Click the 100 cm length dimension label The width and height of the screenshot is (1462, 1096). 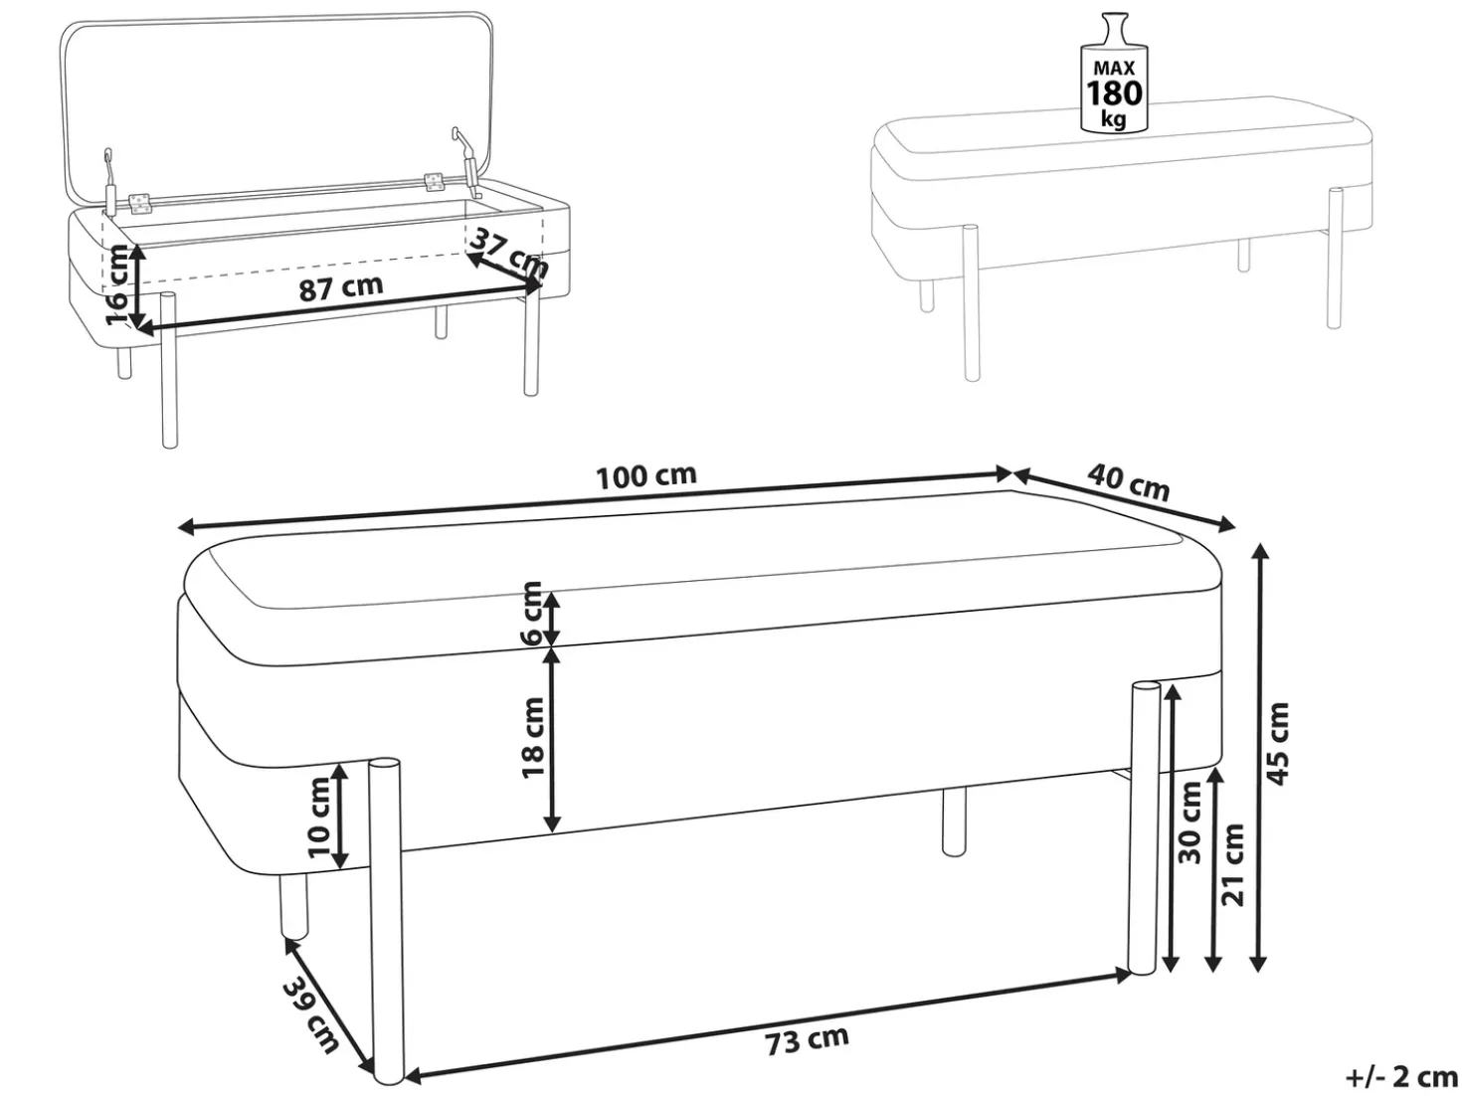[x=646, y=475]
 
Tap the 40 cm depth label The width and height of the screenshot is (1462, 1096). [x=1128, y=482]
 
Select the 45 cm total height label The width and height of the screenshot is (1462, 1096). [x=1277, y=743]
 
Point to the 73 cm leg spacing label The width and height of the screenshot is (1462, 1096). [x=807, y=1042]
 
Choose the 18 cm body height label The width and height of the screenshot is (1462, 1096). [x=533, y=737]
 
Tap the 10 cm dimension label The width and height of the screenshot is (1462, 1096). [x=319, y=818]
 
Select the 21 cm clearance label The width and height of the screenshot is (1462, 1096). [x=1232, y=864]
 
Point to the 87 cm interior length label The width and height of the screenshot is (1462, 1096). [x=341, y=287]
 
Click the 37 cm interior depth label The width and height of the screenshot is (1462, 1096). [x=509, y=253]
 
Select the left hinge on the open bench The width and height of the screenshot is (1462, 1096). [x=140, y=204]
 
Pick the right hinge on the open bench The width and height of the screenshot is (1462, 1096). [x=434, y=183]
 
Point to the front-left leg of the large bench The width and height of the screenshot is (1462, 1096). [x=387, y=921]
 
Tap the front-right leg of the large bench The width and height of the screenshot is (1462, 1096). [x=1145, y=830]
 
